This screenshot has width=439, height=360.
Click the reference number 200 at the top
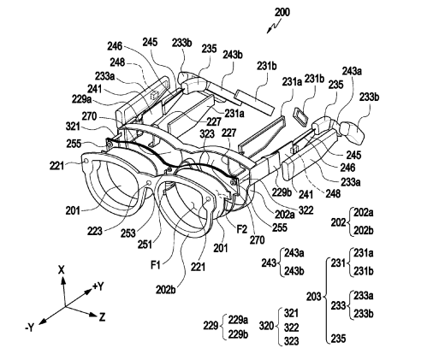282,12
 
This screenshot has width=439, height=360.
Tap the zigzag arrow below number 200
274,27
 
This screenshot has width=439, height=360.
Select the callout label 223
94,231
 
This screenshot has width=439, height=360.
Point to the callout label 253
128,233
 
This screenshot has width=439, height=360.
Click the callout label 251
145,245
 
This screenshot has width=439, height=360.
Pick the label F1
156,265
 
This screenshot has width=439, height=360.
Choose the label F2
241,229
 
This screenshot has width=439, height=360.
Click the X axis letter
62,269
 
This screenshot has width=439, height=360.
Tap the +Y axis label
98,286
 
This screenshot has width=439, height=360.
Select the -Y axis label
29,328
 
